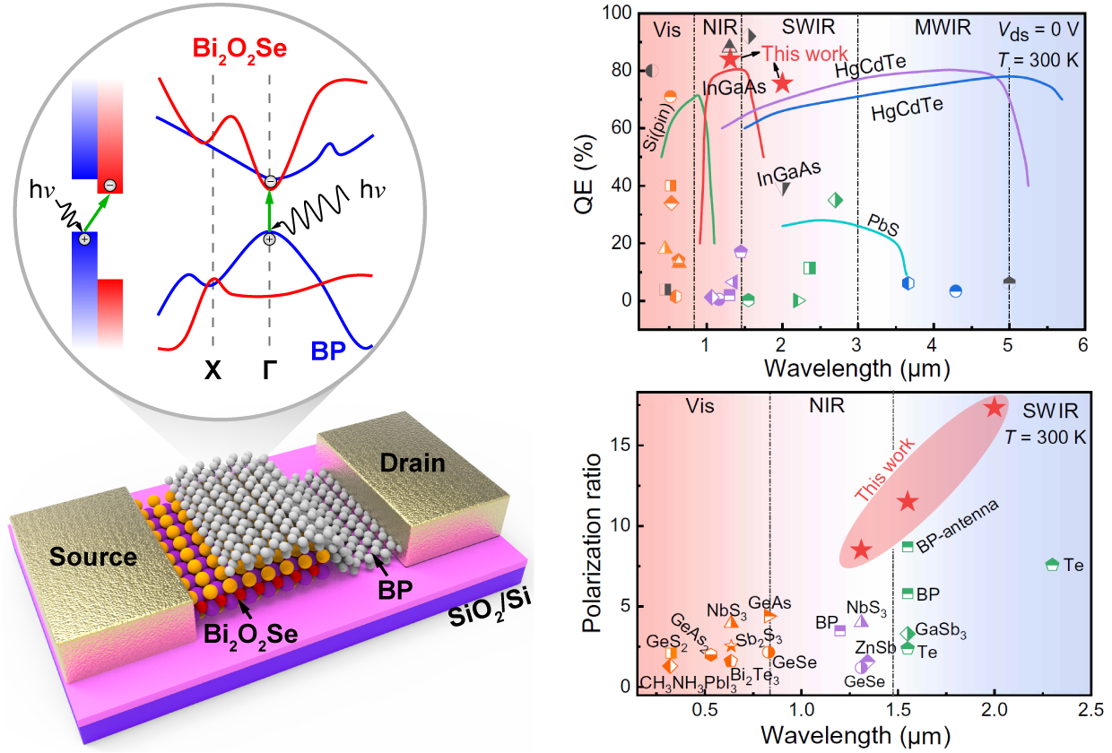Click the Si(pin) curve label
[x=661, y=133]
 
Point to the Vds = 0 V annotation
[x=1039, y=28]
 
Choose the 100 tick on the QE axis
[x=619, y=13]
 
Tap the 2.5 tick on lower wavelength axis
[x=1089, y=711]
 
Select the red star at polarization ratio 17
[x=994, y=407]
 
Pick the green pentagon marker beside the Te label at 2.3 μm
[x=1053, y=565]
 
